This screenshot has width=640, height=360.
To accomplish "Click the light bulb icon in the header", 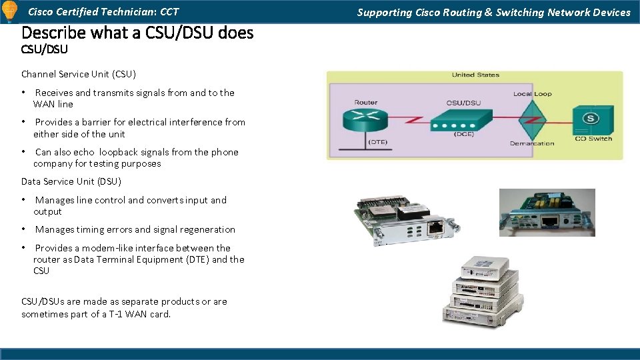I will [10, 11].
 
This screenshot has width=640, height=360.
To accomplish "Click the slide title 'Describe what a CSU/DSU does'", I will [137, 32].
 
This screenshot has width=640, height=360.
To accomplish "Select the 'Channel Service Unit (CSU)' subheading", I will [78, 74].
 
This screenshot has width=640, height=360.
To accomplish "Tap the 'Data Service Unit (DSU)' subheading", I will [71, 181].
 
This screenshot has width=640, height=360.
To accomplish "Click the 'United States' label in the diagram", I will [475, 75].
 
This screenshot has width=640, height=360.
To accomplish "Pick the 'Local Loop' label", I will [532, 94].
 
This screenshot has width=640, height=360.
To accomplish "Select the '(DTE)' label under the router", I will [378, 143].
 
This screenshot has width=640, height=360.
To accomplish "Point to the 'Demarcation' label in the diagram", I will [532, 143].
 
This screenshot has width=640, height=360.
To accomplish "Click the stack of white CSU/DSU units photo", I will [479, 291].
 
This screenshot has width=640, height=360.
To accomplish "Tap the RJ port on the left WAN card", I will [436, 228].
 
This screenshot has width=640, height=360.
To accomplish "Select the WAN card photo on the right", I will [547, 212].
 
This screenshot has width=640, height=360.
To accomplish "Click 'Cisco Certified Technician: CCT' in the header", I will [103, 11].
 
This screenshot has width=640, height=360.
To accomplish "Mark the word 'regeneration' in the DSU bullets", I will [206, 229].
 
